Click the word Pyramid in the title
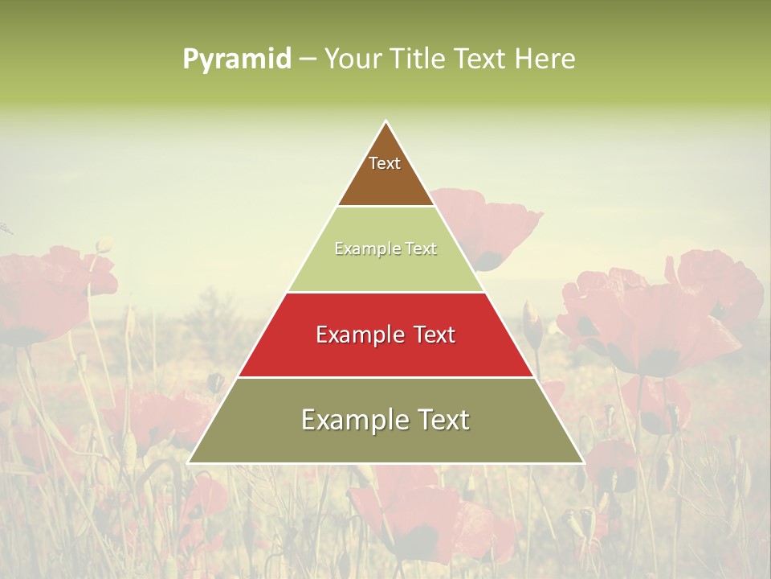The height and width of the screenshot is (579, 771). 236,59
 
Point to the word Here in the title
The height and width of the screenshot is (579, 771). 545,59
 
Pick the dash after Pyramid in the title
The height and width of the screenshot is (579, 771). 308,60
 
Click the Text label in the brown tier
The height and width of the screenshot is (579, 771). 385,163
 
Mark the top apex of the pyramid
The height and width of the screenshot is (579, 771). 386,121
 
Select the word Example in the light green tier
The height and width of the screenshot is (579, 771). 361,249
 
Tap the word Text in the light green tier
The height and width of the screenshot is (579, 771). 421,249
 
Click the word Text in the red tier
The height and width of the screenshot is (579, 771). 435,335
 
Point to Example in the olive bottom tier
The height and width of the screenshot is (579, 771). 349,420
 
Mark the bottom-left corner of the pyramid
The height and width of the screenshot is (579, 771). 189,462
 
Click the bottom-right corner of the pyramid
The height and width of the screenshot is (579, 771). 583,462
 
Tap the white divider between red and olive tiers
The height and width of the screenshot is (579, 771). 386,377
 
